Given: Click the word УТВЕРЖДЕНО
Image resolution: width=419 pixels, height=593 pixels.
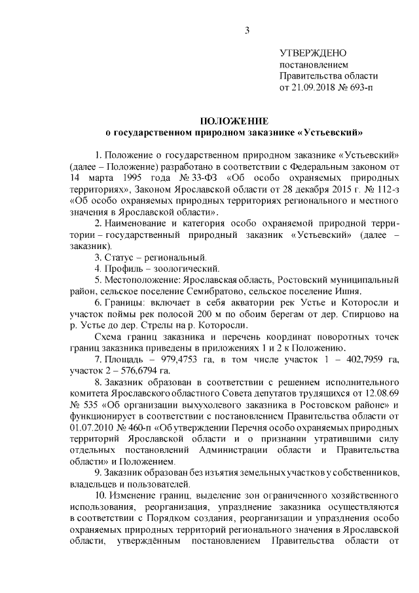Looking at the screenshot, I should tap(314, 53).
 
